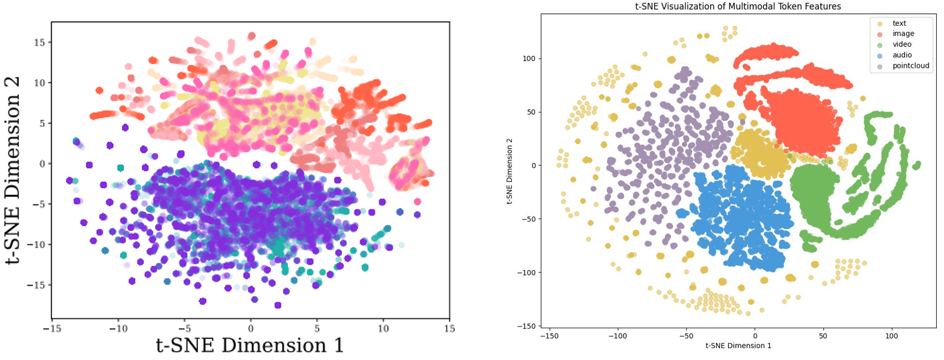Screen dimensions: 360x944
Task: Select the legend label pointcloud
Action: (910, 66)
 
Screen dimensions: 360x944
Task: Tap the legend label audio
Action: (902, 55)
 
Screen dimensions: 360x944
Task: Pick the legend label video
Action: (901, 44)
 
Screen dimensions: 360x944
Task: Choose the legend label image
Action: (903, 34)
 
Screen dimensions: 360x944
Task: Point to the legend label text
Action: (899, 23)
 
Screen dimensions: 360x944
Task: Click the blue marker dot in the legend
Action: (880, 56)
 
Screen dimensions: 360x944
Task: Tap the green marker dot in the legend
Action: (880, 45)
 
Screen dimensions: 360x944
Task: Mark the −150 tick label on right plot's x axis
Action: (549, 337)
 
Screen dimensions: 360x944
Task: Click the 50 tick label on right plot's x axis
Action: (823, 337)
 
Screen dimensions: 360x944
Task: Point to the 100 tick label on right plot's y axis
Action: (529, 59)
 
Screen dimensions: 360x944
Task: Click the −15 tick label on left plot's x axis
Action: (53, 329)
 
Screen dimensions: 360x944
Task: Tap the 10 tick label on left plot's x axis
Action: (383, 329)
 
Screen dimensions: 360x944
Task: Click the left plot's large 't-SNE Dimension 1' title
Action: (250, 346)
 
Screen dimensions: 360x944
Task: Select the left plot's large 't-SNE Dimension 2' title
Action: (14, 170)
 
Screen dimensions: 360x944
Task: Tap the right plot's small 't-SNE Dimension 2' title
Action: (510, 171)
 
